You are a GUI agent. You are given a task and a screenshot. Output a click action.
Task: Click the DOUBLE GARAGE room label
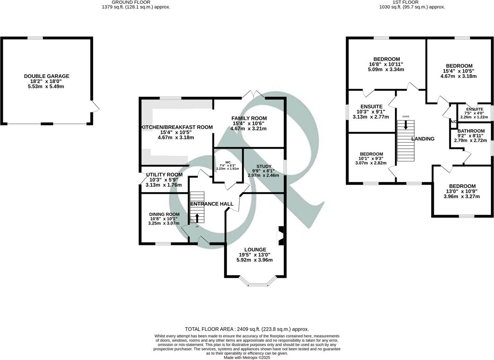coord(47,76)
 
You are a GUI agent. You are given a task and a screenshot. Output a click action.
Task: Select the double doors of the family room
coord(254,95)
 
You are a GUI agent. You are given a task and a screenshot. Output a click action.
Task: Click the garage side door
coord(95,107)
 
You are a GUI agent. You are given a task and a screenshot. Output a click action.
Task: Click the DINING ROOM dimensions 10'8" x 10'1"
coord(164,219)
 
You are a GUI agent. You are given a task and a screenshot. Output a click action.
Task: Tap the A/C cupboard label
coord(453,122)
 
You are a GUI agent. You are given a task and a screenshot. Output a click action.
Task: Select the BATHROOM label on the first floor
coord(471,131)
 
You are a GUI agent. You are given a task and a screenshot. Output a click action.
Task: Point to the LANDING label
coord(423,139)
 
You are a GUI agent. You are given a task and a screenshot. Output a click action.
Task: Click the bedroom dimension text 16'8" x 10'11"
coord(386,64)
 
